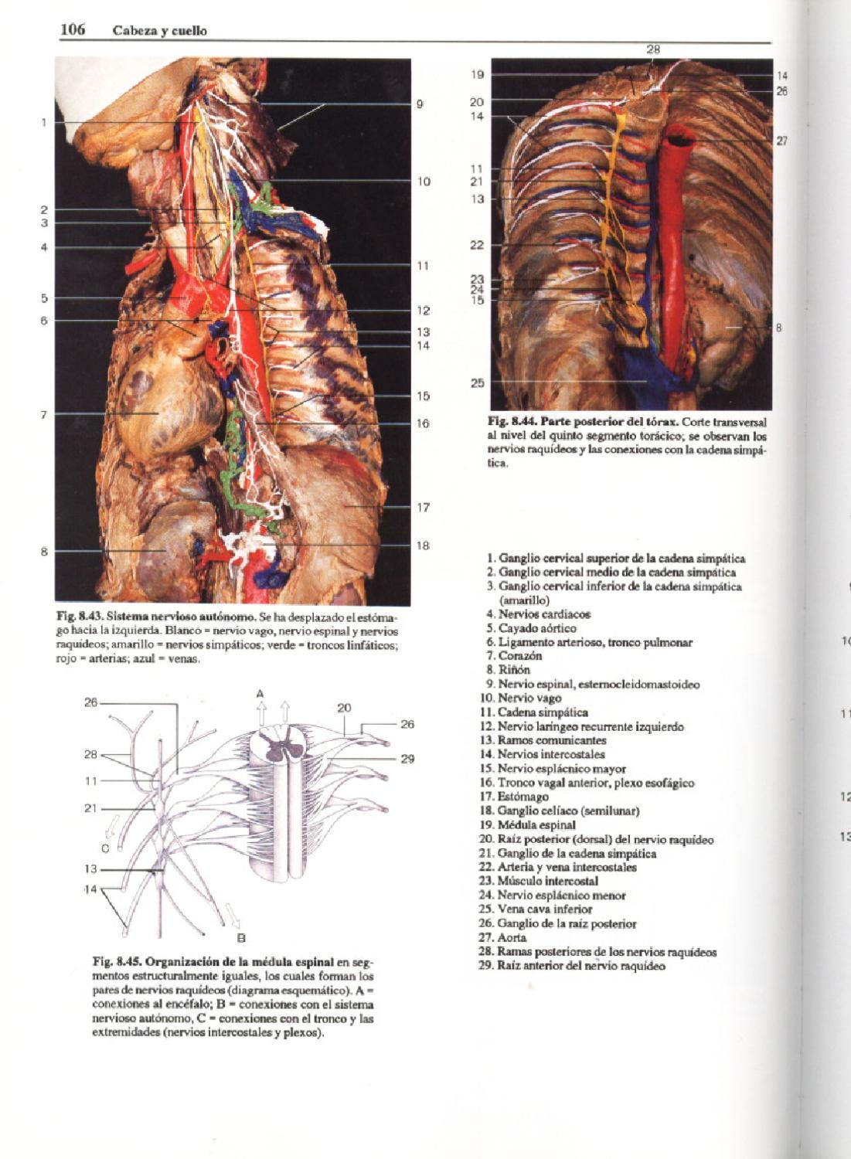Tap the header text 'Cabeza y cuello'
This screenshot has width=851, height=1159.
point(159,31)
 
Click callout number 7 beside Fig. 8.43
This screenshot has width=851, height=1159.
point(44,415)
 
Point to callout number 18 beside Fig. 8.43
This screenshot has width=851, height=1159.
point(423,546)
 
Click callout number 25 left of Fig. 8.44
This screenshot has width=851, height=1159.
point(477,382)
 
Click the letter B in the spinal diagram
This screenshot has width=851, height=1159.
point(240,939)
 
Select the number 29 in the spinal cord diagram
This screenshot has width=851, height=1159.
point(407,759)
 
